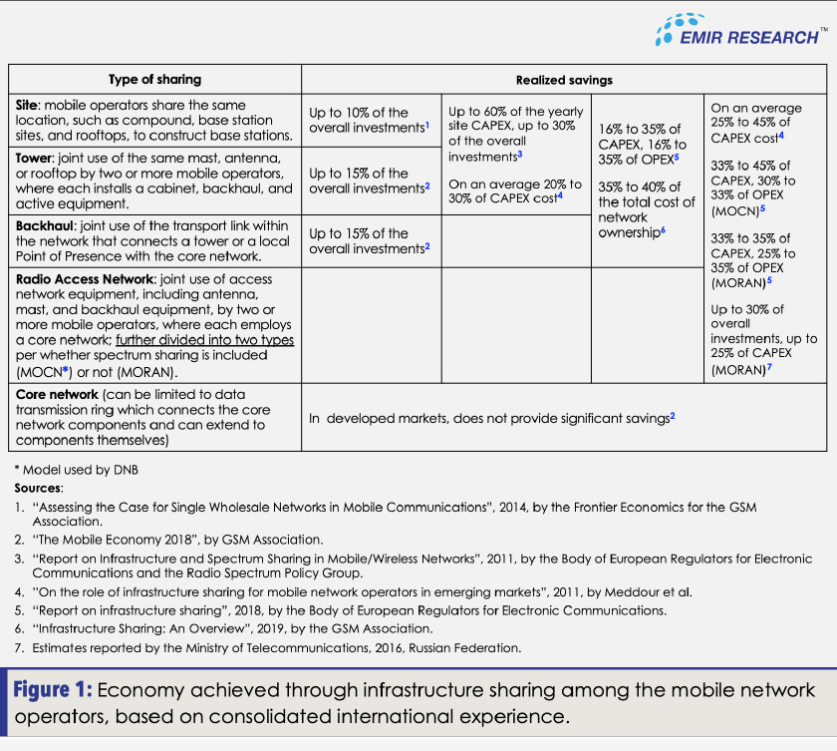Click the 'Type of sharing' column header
pyautogui.click(x=154, y=80)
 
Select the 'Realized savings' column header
pyautogui.click(x=564, y=80)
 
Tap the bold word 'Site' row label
pyautogui.click(x=27, y=105)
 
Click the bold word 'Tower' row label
pyautogui.click(x=33, y=159)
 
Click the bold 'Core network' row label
pyautogui.click(x=56, y=396)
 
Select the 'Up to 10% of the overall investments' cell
pyautogui.click(x=368, y=121)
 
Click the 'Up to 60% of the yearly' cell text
pyautogui.click(x=514, y=113)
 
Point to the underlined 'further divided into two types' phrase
pyautogui.click(x=205, y=340)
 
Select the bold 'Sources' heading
pyautogui.click(x=39, y=488)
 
